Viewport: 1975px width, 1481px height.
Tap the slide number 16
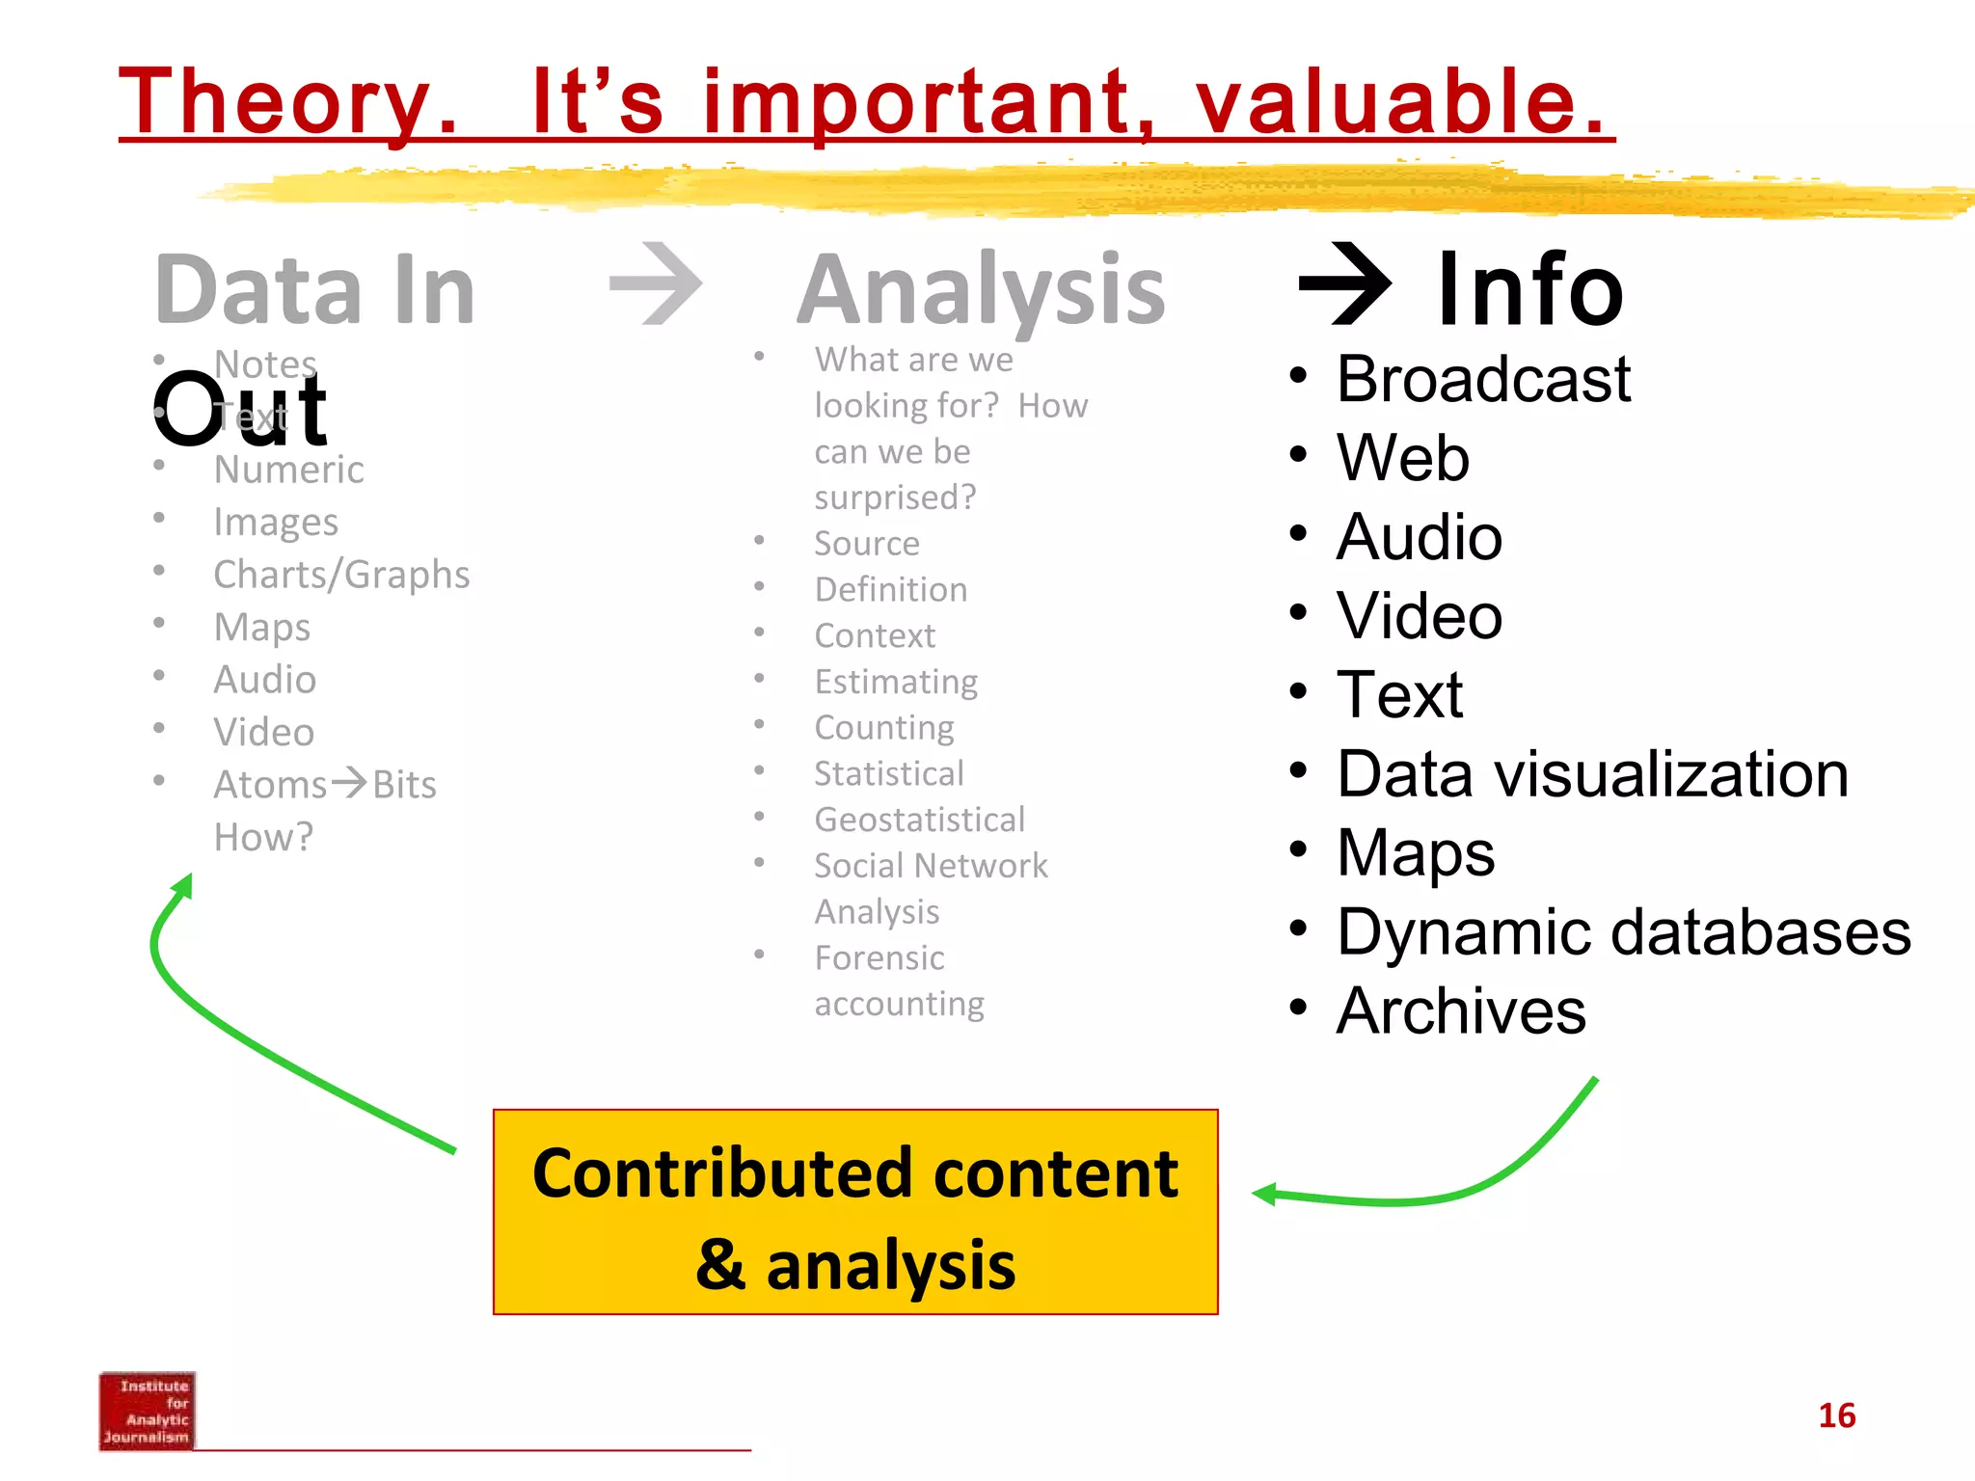1836,1415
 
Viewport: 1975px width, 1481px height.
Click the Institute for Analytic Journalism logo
147,1411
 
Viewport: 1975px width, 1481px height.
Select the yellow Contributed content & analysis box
855,1212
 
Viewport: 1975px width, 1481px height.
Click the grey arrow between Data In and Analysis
657,284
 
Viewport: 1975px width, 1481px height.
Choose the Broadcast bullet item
1482,379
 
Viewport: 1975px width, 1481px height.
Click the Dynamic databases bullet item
1623,932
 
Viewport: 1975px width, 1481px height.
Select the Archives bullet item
1460,1011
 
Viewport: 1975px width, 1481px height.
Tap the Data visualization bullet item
1592,774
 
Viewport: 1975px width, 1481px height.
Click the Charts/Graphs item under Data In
341,575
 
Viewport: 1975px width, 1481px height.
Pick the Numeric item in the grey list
288,470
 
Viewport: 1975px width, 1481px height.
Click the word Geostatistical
919,820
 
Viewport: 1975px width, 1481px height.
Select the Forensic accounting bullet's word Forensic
879,958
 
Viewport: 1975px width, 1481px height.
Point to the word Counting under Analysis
883,728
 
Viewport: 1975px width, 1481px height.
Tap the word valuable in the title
1400,103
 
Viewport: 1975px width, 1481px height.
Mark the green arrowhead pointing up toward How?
183,885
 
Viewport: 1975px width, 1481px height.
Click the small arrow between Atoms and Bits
349,782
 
